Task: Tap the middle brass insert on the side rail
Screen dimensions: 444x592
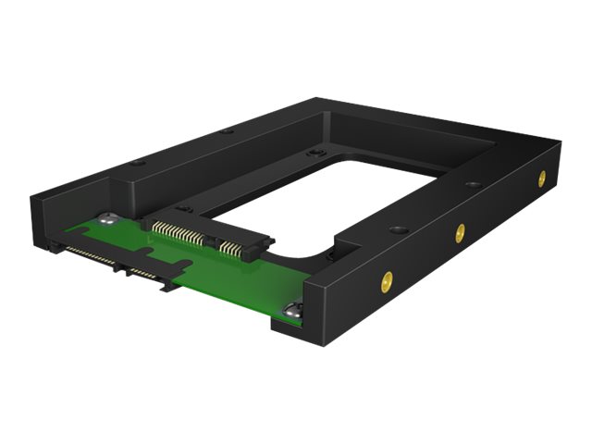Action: tap(460, 230)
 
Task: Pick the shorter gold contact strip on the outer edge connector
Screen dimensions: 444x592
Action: tap(145, 274)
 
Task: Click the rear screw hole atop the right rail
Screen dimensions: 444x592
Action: tap(473, 184)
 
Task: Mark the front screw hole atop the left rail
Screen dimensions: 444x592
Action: tap(139, 163)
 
